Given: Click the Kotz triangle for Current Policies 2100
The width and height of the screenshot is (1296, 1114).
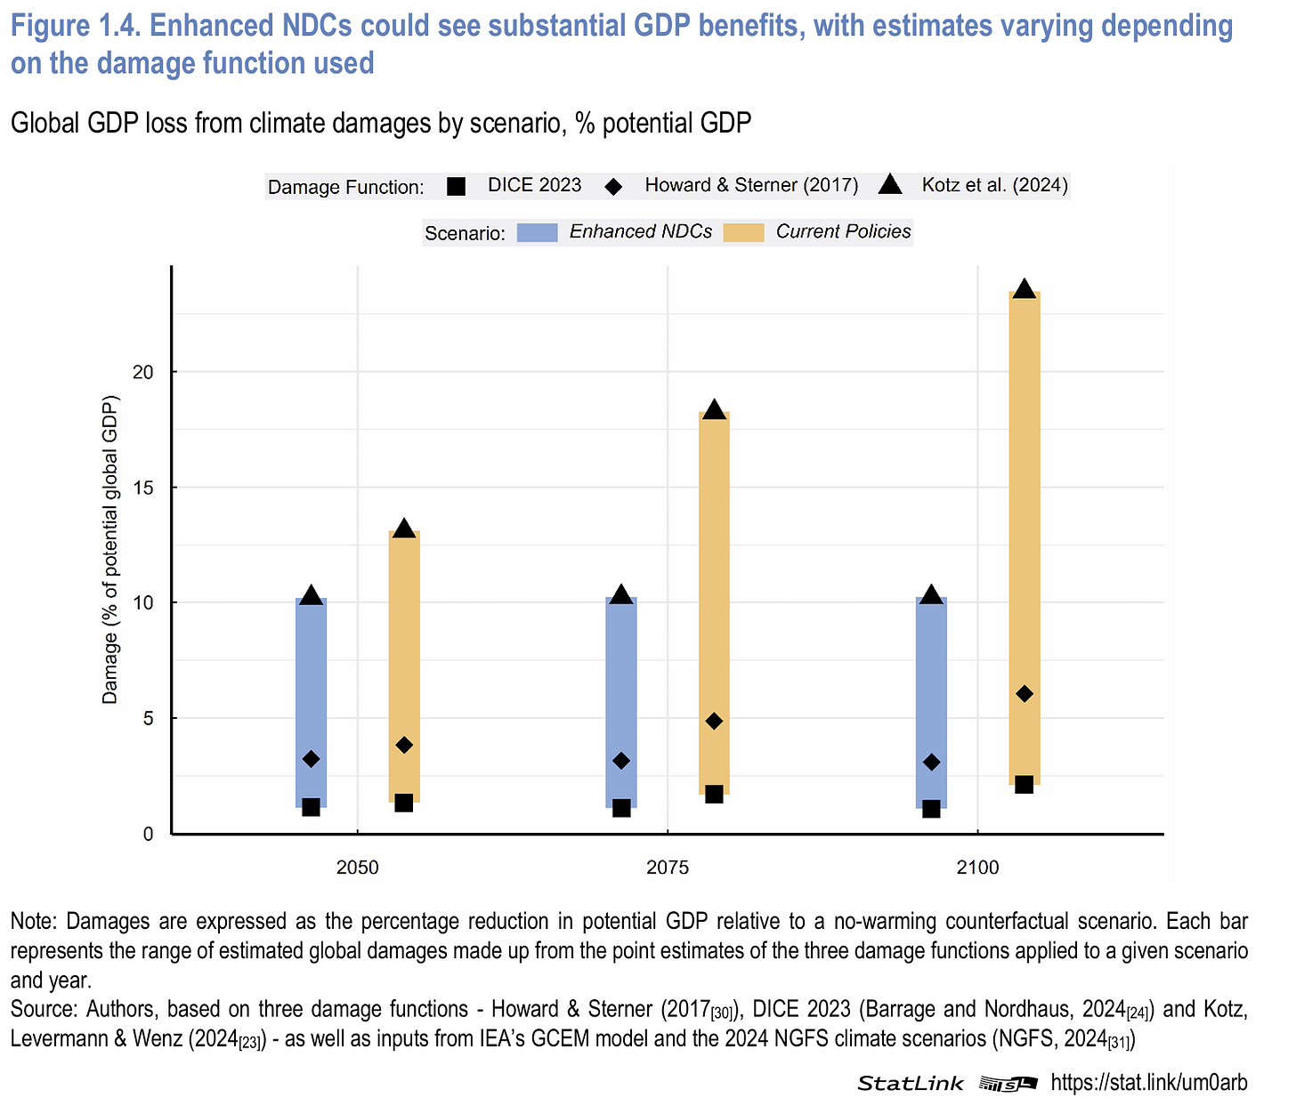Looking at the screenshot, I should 1025,289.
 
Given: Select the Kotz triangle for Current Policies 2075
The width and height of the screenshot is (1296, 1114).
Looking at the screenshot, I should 714,410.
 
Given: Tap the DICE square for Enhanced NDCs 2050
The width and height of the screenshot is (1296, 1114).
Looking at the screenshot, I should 311,807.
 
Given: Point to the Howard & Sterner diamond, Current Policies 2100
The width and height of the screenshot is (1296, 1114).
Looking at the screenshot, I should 1025,693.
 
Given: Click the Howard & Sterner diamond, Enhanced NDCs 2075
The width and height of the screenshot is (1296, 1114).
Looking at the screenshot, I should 621,761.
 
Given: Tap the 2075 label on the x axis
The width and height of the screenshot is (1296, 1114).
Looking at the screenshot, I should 667,867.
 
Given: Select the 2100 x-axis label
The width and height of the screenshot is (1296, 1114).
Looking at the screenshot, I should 977,867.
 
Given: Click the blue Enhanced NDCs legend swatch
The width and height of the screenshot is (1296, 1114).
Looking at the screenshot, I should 537,232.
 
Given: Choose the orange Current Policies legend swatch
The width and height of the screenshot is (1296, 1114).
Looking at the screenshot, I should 743,232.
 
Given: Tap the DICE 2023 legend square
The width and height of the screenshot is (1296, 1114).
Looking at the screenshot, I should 456,186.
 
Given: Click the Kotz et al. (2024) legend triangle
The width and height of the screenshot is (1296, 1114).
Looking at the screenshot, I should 890,185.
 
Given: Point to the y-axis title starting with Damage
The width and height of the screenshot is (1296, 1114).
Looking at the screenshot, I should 110,548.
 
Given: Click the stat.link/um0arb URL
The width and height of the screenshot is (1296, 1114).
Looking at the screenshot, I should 1149,1082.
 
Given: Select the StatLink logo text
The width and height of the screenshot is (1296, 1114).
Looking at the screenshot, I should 910,1083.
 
